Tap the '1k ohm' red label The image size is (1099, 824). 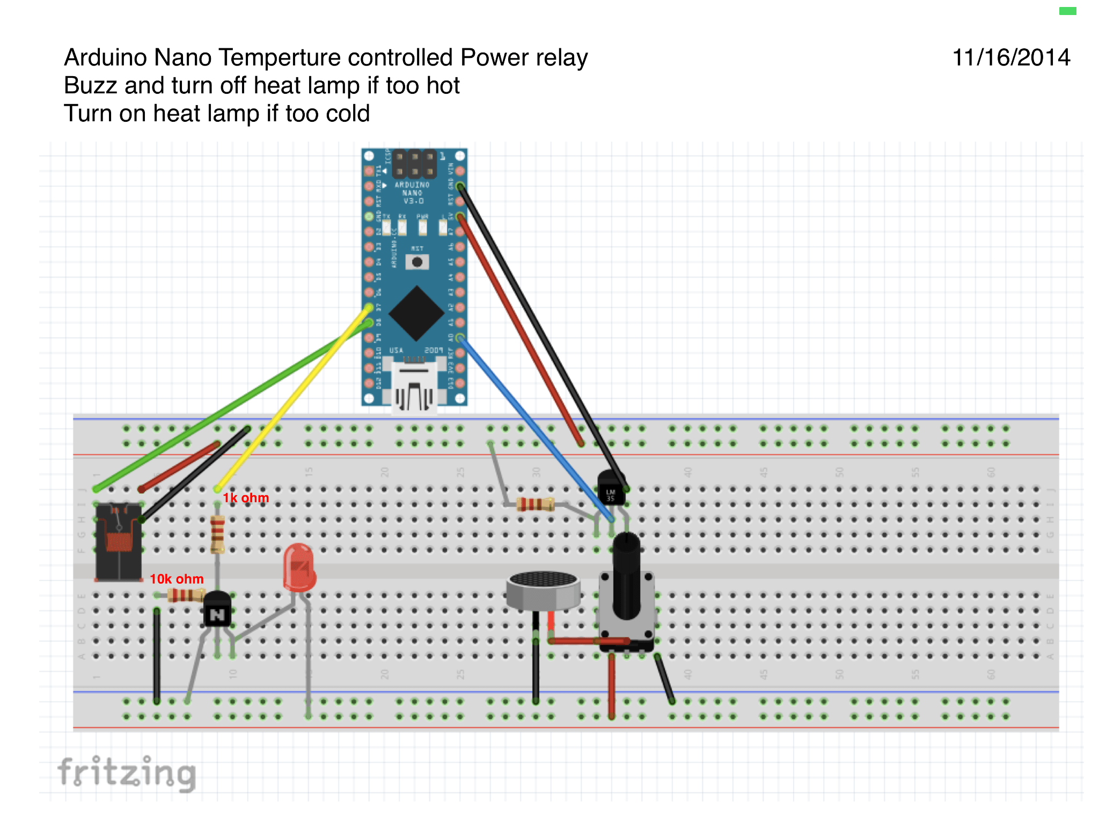(x=246, y=498)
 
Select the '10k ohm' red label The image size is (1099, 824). (x=177, y=579)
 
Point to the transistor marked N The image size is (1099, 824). (x=217, y=612)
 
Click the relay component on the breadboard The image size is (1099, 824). (x=118, y=542)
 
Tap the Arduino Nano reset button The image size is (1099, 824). (x=417, y=262)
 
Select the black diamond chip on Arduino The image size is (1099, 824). (x=416, y=313)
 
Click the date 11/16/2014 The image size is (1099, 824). (x=1010, y=57)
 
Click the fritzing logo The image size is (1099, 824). (x=127, y=772)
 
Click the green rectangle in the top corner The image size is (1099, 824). (x=1067, y=11)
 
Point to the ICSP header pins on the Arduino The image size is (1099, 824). (x=414, y=164)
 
